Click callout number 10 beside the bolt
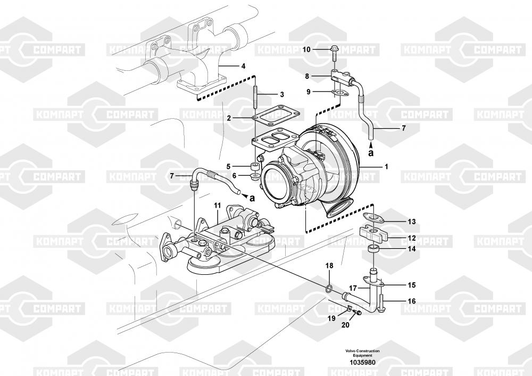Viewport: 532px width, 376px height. point(306,50)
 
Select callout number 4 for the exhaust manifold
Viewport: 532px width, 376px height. point(243,66)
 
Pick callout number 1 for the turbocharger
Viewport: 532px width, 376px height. point(386,167)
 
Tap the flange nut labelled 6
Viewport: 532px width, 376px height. point(254,176)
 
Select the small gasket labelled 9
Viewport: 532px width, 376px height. point(339,93)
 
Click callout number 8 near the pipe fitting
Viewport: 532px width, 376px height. point(307,76)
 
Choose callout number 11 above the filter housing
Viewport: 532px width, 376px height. point(217,206)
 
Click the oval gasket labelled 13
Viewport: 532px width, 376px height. point(372,217)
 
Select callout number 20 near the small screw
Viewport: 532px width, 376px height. point(345,325)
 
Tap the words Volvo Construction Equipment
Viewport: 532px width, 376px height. point(362,353)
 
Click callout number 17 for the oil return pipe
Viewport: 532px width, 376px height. point(353,288)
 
